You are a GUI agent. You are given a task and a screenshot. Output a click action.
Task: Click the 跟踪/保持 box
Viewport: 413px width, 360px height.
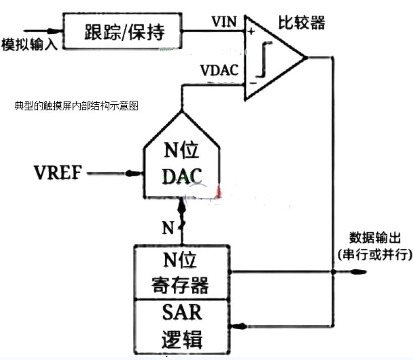coord(123,32)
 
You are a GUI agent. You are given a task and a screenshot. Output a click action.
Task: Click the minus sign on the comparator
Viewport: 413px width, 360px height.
coord(252,81)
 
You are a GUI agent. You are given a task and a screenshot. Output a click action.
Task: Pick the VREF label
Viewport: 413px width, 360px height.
coord(58,173)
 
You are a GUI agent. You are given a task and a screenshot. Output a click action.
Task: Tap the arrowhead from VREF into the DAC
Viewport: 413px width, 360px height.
coord(132,174)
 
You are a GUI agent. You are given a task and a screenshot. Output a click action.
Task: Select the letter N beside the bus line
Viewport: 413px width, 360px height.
coord(168,227)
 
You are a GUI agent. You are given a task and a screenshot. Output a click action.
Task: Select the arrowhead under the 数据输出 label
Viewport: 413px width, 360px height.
coord(359,272)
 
